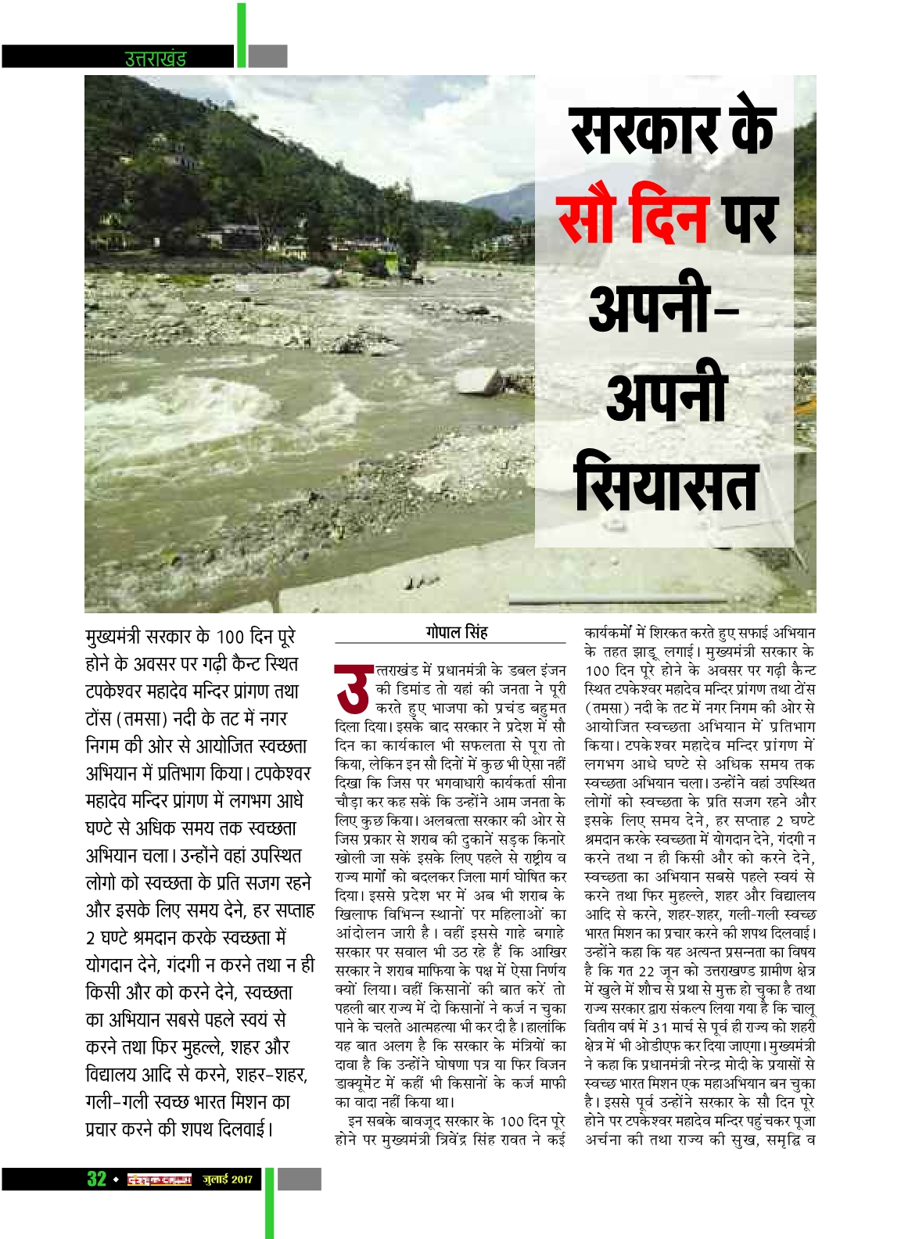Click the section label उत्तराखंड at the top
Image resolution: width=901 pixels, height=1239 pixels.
[x=155, y=59]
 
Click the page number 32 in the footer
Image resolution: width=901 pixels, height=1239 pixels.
[x=96, y=1179]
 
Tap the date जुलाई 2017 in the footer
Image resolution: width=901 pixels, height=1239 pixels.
[x=228, y=1180]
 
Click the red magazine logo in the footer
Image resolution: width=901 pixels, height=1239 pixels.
[x=160, y=1180]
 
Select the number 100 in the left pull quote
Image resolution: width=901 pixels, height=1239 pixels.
[x=231, y=637]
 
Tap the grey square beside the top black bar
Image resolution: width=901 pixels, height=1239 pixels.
[x=268, y=56]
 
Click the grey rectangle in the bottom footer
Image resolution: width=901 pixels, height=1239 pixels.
[x=300, y=1179]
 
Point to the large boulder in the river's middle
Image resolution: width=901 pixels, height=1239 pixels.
[x=479, y=381]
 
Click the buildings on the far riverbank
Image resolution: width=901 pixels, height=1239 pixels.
[x=235, y=235]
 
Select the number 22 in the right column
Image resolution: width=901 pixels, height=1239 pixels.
[x=646, y=971]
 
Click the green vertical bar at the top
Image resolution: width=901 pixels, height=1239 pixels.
[x=242, y=35]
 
